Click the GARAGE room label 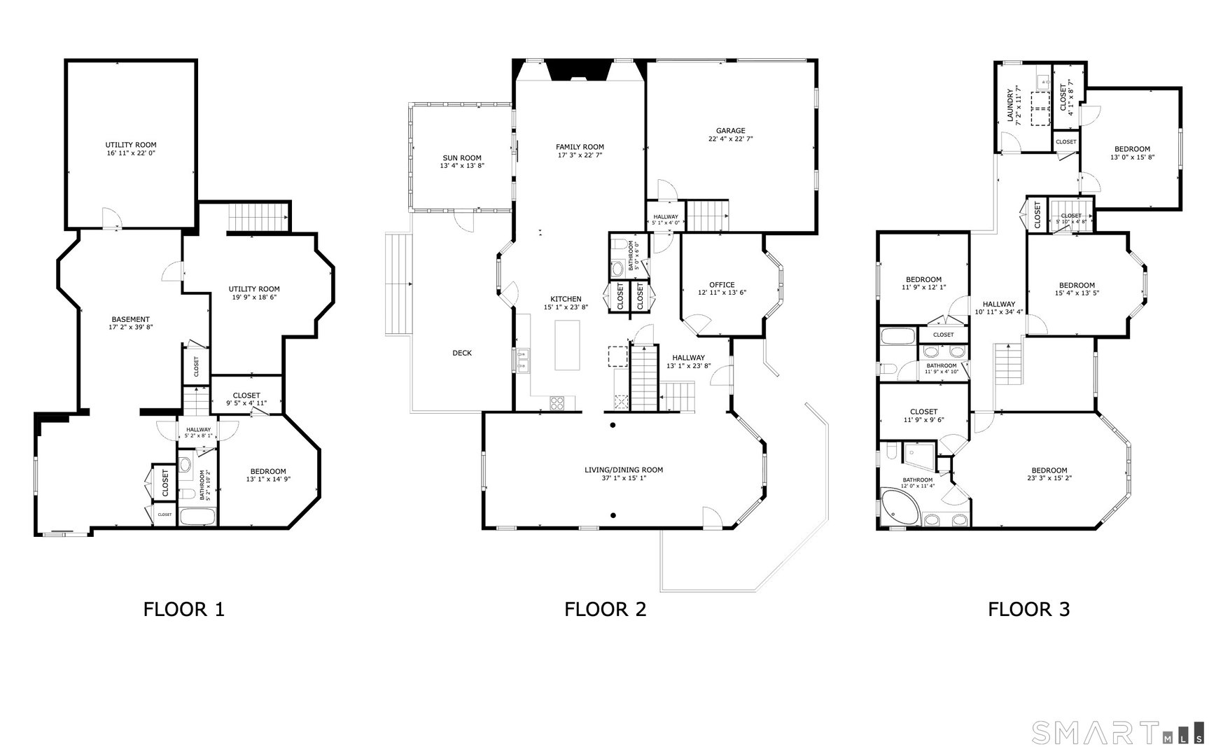(730, 131)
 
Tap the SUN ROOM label (462, 157)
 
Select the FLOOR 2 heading (605, 609)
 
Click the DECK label (462, 353)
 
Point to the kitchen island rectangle (568, 344)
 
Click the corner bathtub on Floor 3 (898, 510)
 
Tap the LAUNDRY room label (1010, 105)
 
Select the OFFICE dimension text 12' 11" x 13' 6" (722, 293)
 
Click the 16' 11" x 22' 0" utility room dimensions (131, 153)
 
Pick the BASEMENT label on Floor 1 (131, 319)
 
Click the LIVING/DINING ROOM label (623, 470)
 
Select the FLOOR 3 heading (1028, 609)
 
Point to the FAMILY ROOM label (580, 147)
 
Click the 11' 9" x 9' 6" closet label (923, 416)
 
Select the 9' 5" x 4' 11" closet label (246, 400)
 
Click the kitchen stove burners (557, 402)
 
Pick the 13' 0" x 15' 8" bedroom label (1132, 153)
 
